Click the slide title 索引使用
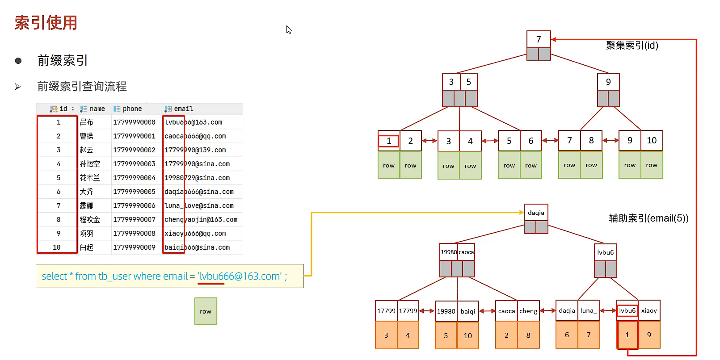[46, 23]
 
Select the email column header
[183, 109]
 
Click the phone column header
[132, 109]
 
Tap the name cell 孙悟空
[90, 164]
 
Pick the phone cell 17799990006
[134, 205]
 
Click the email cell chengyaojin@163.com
[201, 220]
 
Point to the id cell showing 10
[57, 247]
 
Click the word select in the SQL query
[55, 276]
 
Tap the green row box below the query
[206, 311]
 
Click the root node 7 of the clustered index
[539, 39]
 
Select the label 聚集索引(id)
[632, 45]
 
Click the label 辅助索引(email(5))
[648, 218]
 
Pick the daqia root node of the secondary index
[536, 213]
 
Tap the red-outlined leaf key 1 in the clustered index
[389, 141]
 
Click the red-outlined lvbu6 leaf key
[627, 310]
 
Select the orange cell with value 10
[467, 335]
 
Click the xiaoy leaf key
[649, 310]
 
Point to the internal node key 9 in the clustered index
[608, 82]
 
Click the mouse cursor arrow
[289, 29]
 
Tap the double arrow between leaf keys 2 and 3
[429, 141]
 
